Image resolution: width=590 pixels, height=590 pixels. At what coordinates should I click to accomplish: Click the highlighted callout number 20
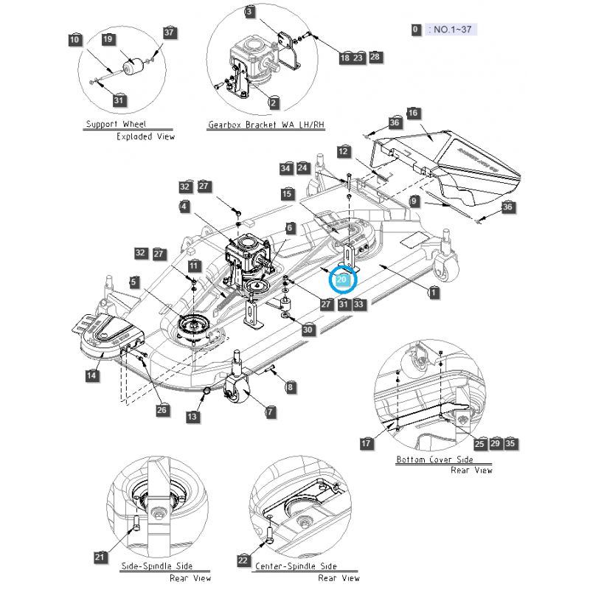point(342,280)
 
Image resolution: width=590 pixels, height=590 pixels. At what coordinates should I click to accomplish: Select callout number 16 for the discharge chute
point(413,113)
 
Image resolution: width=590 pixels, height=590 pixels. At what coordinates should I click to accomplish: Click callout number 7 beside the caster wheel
point(271,412)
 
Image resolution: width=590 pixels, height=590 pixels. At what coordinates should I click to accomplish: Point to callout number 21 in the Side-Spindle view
point(100,558)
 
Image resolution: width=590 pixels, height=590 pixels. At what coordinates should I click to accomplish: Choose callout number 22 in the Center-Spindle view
point(243,560)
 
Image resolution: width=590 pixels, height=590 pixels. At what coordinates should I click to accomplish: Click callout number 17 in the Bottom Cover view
point(367,443)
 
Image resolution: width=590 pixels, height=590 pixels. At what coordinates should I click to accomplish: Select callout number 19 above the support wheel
point(108,39)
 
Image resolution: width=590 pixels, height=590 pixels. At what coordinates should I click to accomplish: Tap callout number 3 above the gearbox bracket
point(250,12)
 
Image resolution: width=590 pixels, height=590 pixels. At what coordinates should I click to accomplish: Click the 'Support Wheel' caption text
point(116,124)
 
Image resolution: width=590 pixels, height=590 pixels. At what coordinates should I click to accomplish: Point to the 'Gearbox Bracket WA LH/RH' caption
point(265,125)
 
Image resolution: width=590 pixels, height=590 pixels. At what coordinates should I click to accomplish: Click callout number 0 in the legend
point(416,29)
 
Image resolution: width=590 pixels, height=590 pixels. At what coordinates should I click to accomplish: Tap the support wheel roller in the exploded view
point(134,67)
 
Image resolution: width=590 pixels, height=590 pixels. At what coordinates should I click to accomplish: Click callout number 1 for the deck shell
point(434,292)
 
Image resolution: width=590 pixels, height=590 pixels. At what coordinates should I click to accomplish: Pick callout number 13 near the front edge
point(192,417)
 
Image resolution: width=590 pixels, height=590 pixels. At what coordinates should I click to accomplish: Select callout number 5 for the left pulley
point(133,281)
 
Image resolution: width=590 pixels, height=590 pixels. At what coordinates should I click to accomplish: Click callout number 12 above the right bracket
point(343,151)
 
